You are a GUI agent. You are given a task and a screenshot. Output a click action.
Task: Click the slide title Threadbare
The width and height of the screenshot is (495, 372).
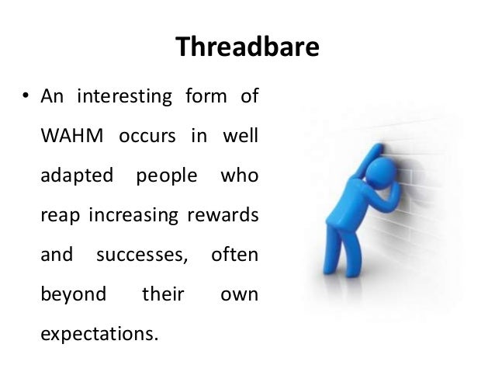(x=247, y=47)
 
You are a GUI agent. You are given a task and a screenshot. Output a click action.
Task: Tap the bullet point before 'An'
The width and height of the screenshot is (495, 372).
(x=26, y=99)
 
